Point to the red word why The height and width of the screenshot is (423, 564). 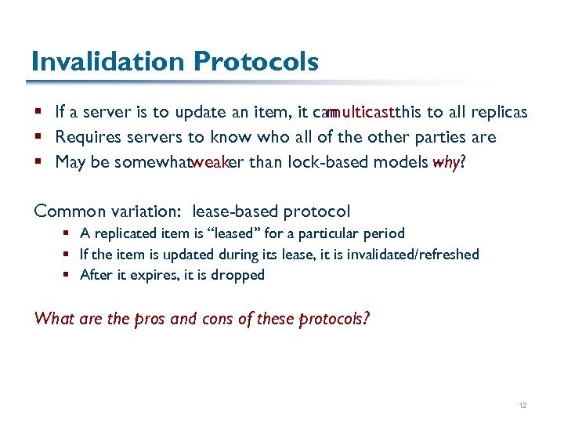click(446, 163)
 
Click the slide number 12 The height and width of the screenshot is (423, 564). click(523, 406)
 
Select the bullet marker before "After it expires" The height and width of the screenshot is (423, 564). click(70, 275)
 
